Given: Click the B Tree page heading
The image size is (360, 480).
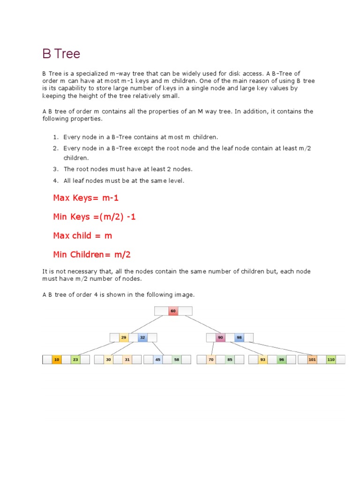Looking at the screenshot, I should click(61, 54).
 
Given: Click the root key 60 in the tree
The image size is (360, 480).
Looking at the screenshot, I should click(173, 311).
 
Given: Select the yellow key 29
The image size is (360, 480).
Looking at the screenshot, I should click(124, 337).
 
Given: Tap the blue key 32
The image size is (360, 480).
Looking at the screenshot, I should click(142, 337).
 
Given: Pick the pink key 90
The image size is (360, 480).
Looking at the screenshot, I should click(220, 337).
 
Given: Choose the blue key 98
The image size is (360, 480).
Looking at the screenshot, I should click(239, 337).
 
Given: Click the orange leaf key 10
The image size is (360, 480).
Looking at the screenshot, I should click(57, 360).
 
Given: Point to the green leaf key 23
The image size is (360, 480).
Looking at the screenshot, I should click(75, 360).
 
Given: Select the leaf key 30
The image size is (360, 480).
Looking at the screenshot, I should click(108, 360).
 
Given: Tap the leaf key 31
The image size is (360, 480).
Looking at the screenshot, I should click(127, 360).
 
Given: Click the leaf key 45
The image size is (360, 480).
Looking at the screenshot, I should click(157, 360).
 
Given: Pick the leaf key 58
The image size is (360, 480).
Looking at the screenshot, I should click(176, 360).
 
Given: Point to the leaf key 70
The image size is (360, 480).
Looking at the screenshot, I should click(211, 360).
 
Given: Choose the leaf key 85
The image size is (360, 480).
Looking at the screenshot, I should click(230, 360).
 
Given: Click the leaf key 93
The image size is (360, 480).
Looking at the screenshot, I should click(262, 360).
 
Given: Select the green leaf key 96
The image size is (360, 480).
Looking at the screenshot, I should click(281, 360).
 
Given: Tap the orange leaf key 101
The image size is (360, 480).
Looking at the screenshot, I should click(312, 360).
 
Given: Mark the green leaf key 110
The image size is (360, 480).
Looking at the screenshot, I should click(331, 360).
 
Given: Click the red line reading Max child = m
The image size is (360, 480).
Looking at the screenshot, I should click(82, 235).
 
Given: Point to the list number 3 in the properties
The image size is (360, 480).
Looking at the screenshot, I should click(55, 169).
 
